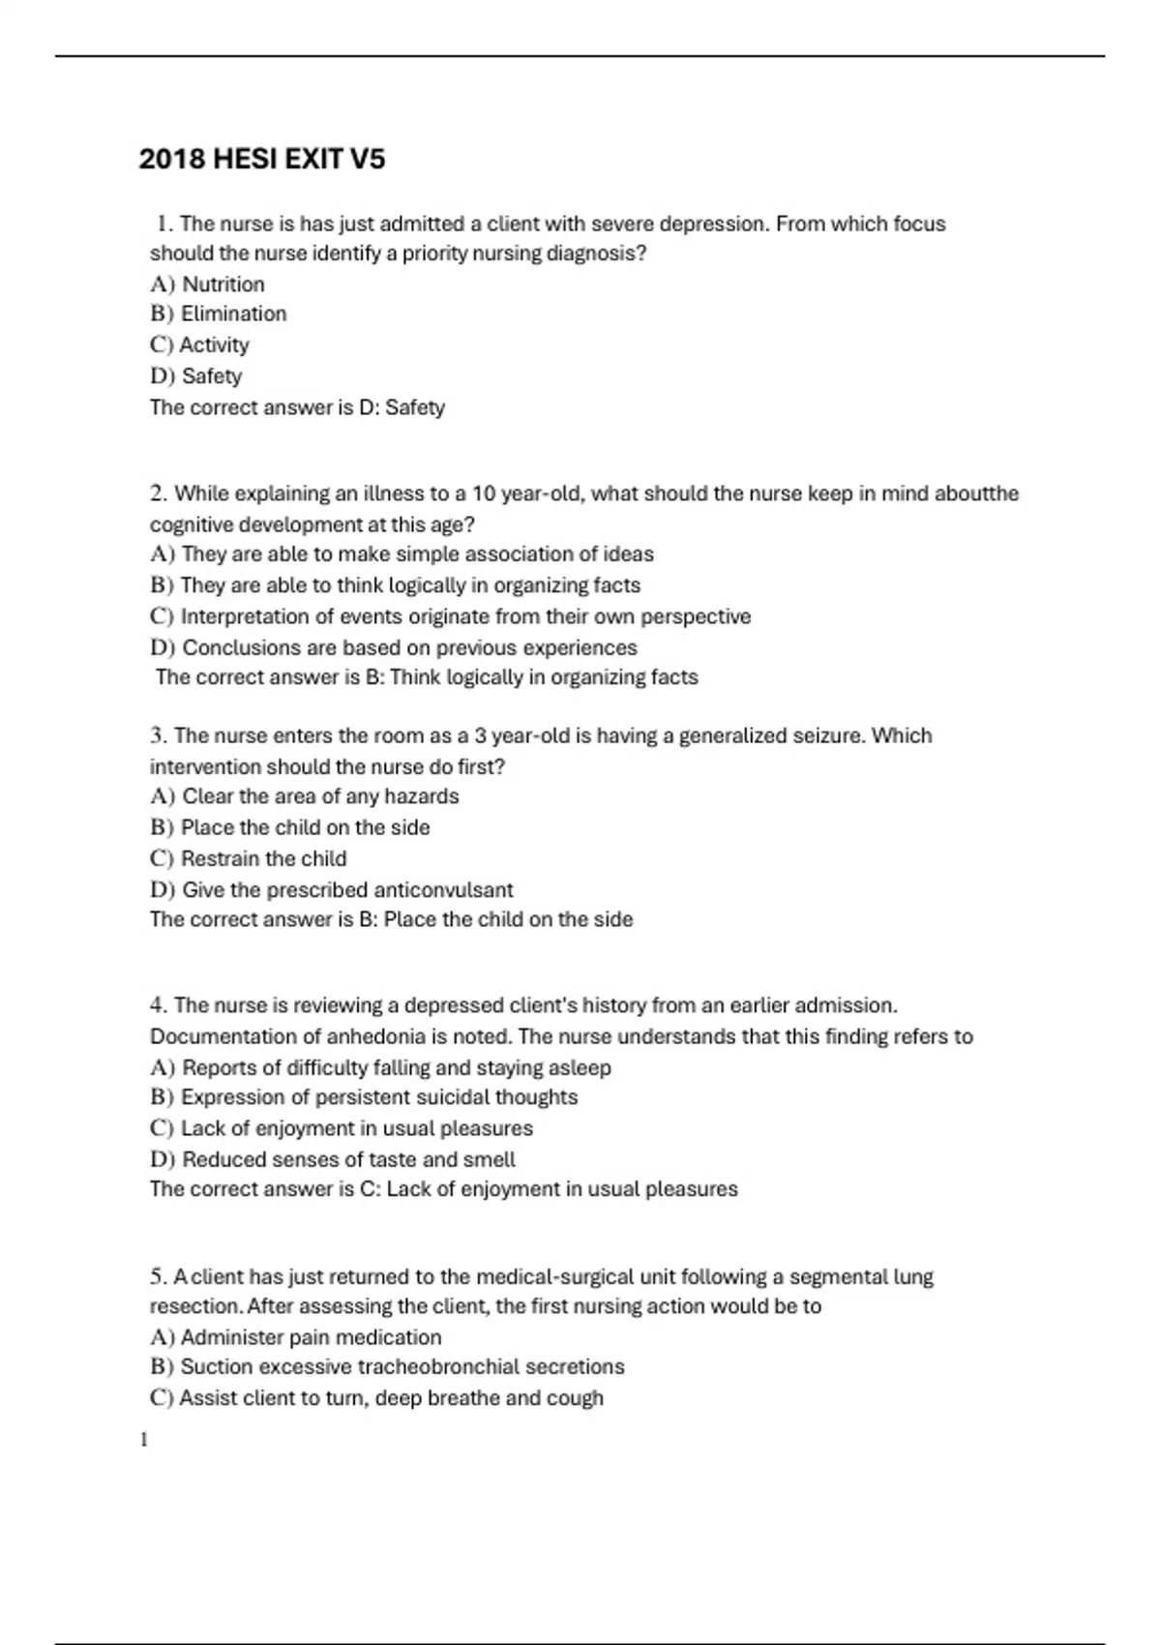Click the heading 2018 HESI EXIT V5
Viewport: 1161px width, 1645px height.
pyautogui.click(x=261, y=159)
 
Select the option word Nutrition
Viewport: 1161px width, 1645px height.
pyautogui.click(x=223, y=284)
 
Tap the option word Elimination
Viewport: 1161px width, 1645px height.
pyautogui.click(x=233, y=314)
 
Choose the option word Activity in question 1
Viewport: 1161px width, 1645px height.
pyautogui.click(x=214, y=345)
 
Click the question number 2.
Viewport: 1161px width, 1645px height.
pyautogui.click(x=159, y=493)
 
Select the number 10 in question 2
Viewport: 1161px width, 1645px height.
pyautogui.click(x=485, y=493)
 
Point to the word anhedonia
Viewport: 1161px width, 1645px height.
pyautogui.click(x=375, y=1036)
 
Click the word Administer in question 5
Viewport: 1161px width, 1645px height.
pyautogui.click(x=228, y=1337)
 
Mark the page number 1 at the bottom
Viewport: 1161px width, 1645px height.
pyautogui.click(x=144, y=1440)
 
